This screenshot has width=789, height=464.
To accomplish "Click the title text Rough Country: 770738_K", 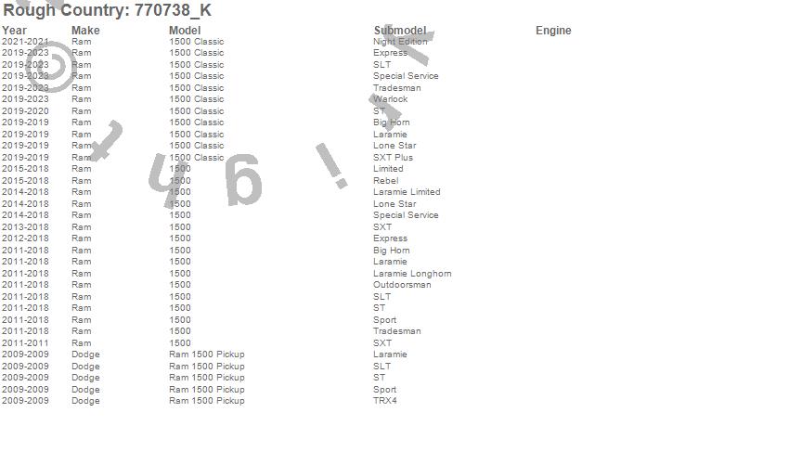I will (x=107, y=11).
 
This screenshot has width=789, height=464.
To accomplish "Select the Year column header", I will (x=14, y=31).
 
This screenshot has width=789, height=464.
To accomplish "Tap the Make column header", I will (x=85, y=31).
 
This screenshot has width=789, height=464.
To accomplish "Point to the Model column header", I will (x=185, y=31).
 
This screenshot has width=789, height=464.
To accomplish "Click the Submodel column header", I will (x=400, y=31).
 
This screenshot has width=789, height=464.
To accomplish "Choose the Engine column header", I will (x=553, y=31).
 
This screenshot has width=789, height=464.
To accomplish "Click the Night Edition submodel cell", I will (x=400, y=42).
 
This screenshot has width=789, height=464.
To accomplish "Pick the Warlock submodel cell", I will (x=390, y=99).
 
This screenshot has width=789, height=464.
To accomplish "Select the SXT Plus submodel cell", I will (x=393, y=158).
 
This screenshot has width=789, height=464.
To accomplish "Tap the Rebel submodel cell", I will (x=385, y=181).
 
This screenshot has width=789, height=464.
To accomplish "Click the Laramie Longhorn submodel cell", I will (x=412, y=274).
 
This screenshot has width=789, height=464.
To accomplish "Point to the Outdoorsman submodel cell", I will (x=402, y=285).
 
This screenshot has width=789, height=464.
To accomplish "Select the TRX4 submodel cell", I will (x=384, y=401).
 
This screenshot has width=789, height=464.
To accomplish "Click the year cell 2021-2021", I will (x=25, y=42).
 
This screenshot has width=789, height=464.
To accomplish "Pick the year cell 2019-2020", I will (x=25, y=111).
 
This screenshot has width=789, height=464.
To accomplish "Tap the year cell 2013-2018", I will (x=25, y=227).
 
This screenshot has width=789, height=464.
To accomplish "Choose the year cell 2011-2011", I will (x=25, y=343).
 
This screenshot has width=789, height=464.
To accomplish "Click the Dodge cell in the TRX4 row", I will (x=85, y=401).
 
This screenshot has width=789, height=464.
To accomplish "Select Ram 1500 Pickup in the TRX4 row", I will (x=206, y=401).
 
